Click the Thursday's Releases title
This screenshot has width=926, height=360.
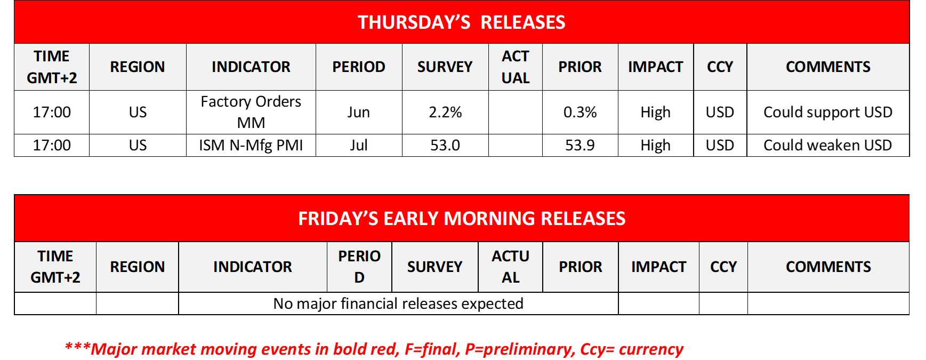[x=461, y=22]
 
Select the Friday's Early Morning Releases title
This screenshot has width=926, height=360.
[x=462, y=219]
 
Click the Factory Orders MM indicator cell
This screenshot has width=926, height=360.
[x=251, y=112]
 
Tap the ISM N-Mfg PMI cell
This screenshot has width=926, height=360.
[x=251, y=145]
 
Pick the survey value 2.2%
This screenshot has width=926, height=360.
[x=445, y=112]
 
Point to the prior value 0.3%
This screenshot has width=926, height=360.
[x=580, y=112]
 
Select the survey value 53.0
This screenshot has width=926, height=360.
[x=445, y=145]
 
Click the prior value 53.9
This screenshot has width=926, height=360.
[x=580, y=145]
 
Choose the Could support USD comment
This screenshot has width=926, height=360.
[x=828, y=112]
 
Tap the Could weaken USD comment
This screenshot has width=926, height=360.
[x=828, y=145]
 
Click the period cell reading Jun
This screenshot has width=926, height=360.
[x=359, y=112]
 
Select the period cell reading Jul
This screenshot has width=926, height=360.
[x=359, y=145]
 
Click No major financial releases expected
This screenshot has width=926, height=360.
[x=398, y=303]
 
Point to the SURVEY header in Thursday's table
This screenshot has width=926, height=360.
[x=445, y=67]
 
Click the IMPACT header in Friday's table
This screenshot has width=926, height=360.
[x=659, y=267]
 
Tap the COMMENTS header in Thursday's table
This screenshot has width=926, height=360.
[x=828, y=67]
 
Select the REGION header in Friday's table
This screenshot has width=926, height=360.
[x=138, y=267]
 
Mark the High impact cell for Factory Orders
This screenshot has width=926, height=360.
[x=656, y=112]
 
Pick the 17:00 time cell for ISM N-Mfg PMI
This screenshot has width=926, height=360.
[x=52, y=145]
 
